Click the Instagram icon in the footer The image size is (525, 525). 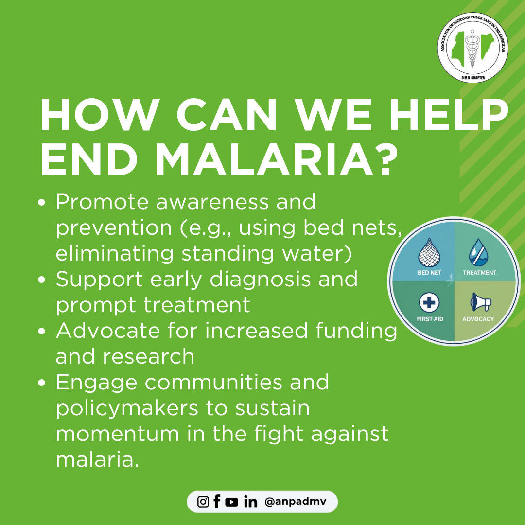point(203,502)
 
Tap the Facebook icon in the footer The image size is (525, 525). point(217,502)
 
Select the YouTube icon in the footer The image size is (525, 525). point(231,502)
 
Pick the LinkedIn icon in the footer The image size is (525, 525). point(250,502)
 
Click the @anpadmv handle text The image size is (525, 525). point(295,502)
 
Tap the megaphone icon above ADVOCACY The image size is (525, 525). point(480,302)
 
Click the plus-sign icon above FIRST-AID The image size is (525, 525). point(429,302)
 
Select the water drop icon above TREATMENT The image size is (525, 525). point(479,252)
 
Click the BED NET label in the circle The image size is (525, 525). point(430,273)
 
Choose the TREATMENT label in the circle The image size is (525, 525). point(479,273)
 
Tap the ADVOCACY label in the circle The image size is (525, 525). point(478,319)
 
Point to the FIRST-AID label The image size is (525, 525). point(430,319)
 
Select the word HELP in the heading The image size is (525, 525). point(449,115)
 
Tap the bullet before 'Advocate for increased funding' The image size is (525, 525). point(41,331)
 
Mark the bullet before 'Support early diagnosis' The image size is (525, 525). point(41,280)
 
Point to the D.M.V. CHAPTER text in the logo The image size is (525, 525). point(473,78)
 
